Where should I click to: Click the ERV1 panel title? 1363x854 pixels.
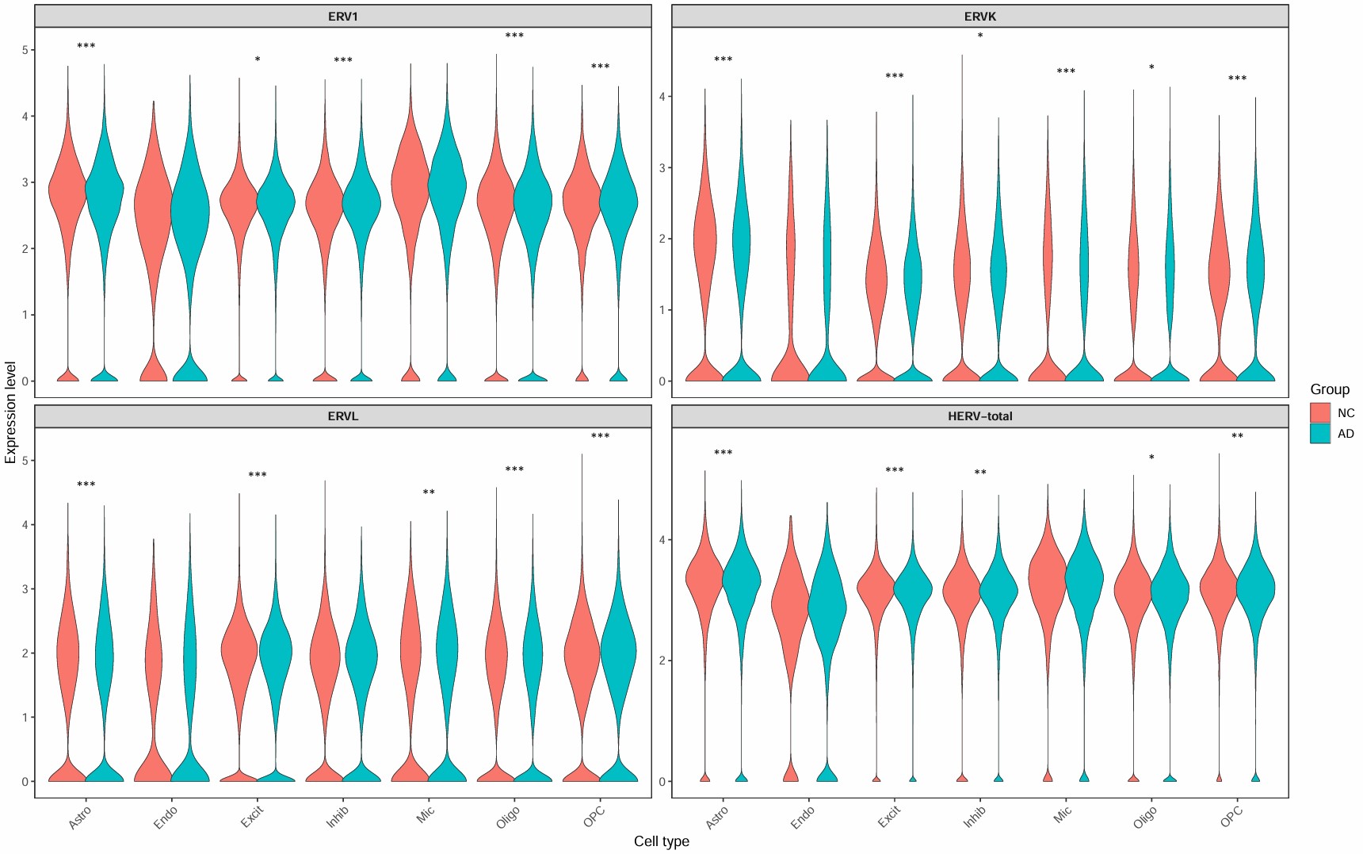click(342, 16)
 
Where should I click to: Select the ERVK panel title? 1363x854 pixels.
click(979, 16)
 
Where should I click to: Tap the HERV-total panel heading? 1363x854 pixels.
click(979, 416)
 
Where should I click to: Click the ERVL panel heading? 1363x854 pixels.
click(342, 416)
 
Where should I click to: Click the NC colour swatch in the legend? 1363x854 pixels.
click(1319, 413)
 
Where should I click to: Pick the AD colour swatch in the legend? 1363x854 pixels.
click(1319, 434)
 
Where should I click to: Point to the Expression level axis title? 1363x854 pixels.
click(10, 412)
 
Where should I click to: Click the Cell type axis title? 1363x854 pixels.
click(661, 841)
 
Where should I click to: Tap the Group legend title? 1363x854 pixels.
click(1329, 389)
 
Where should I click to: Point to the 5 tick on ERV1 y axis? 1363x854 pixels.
click(25, 50)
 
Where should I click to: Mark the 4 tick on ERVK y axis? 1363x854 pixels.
click(662, 97)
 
